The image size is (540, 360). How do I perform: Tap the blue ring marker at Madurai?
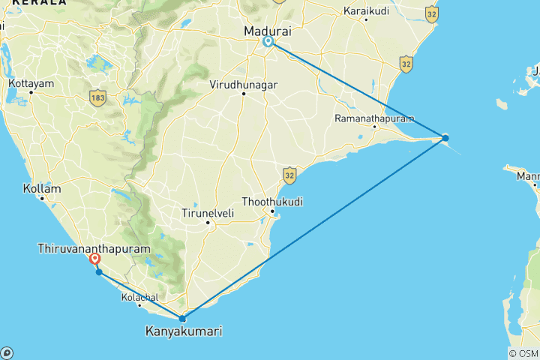268,42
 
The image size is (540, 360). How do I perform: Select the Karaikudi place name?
366,11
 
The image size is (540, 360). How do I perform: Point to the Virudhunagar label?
244,85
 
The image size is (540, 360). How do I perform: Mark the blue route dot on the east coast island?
445,138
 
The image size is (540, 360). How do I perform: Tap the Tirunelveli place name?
208,214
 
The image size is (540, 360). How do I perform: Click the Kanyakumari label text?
183,331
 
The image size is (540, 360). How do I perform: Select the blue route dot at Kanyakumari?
182,319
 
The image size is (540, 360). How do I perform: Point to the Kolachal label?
139,298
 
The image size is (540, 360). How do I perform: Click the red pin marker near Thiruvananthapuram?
94,259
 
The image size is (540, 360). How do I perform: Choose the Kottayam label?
31,83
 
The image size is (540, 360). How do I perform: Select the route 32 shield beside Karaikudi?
430,13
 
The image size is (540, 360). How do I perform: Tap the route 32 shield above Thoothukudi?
290,175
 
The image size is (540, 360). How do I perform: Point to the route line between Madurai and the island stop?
356,90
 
